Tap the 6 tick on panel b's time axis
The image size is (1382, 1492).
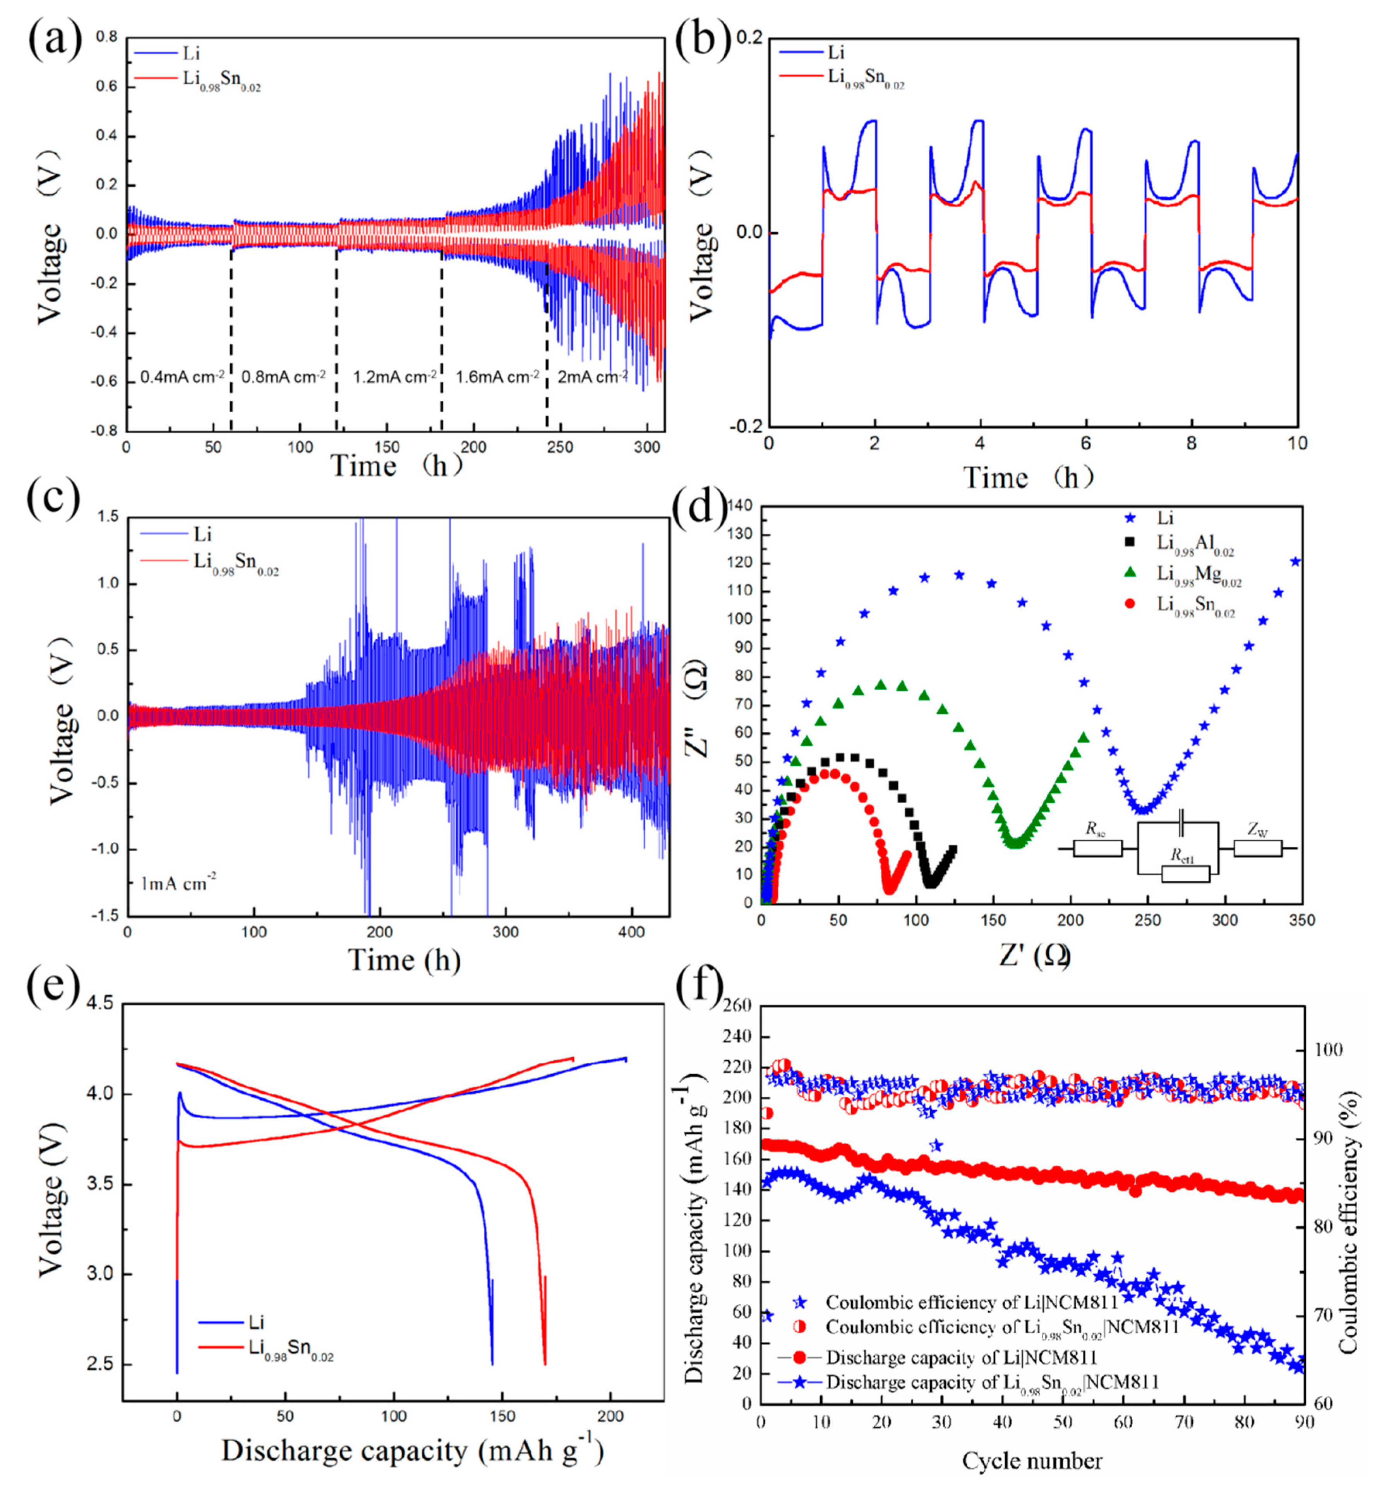[1085, 444]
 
